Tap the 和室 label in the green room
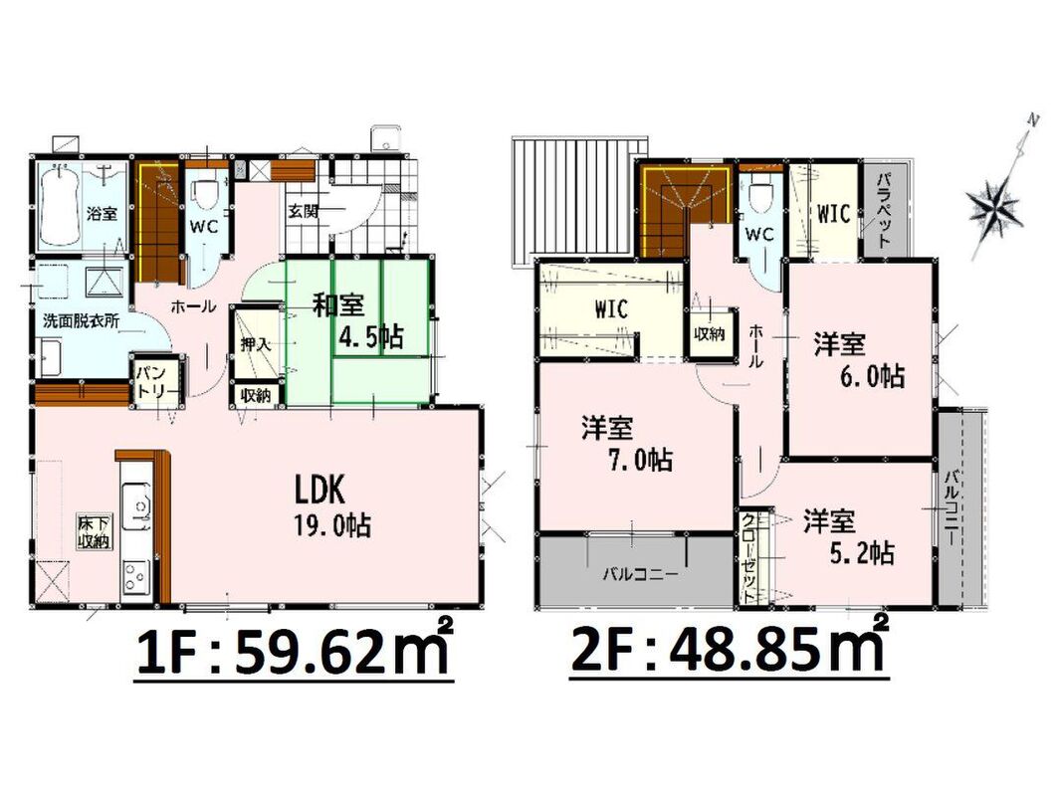pos(338,305)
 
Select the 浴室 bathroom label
pos(102,213)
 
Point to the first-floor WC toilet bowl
pos(204,196)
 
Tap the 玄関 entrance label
pos(303,211)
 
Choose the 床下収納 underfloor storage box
pos(95,532)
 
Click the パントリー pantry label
pos(155,383)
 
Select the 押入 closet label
pos(256,344)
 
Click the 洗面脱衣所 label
pos(81,320)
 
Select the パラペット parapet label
pos(882,211)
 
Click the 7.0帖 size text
pos(639,461)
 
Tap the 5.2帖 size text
pos(862,552)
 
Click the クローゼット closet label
pos(749,558)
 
